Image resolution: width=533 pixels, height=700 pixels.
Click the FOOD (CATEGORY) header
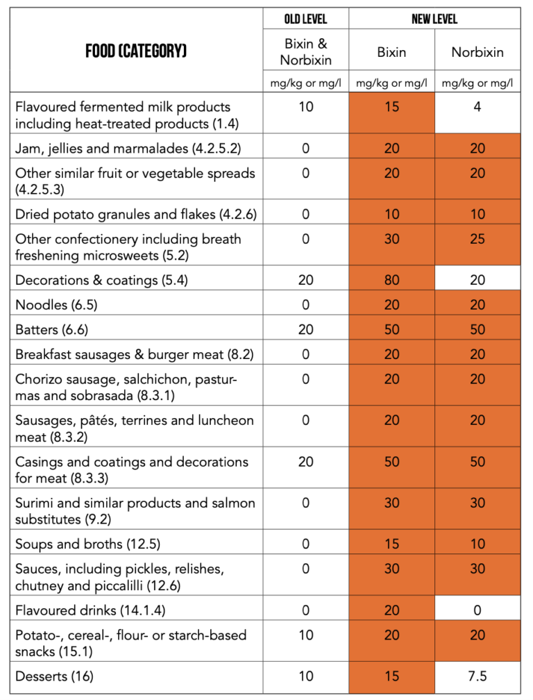[136, 51]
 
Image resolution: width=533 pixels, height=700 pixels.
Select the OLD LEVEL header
[305, 19]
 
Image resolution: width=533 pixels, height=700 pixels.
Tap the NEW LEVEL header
[434, 19]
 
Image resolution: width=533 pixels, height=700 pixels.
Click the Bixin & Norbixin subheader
[305, 52]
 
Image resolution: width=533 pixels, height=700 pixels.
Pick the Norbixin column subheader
[477, 52]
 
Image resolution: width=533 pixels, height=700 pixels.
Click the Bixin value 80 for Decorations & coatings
[391, 280]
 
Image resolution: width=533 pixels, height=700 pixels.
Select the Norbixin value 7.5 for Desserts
[477, 676]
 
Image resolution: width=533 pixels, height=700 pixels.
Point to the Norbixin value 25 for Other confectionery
[477, 239]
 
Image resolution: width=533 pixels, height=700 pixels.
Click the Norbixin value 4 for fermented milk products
[477, 107]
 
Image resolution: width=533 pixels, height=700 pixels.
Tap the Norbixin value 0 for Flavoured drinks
[477, 610]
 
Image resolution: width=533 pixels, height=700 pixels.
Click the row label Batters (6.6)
[52, 330]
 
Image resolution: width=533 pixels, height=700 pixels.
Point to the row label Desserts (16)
[54, 676]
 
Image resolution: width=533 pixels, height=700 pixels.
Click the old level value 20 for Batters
[305, 330]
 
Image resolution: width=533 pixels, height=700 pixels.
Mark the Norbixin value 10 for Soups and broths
[477, 544]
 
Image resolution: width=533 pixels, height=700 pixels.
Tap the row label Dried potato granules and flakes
[136, 214]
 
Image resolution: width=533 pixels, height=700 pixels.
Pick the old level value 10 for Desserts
[305, 676]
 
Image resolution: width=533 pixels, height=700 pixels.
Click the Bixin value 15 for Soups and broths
[391, 544]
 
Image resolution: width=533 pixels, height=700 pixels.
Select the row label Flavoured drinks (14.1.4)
[90, 610]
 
